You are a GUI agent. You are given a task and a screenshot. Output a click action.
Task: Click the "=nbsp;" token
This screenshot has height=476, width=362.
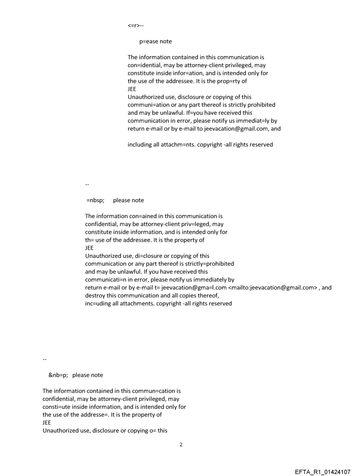tap(95, 200)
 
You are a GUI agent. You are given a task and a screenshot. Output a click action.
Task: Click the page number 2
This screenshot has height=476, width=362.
tap(181, 444)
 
